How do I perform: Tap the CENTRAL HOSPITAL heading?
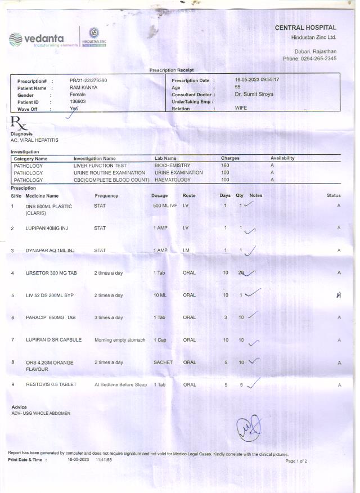305,28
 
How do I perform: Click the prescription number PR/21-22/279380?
88,80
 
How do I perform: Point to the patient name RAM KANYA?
84,88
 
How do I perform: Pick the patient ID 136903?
78,102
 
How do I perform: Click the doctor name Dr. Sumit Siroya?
254,95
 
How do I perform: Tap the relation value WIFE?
241,108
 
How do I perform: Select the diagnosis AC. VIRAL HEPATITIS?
34,140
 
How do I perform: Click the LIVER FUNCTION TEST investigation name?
100,166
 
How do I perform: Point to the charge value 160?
225,166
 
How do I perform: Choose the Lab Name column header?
165,159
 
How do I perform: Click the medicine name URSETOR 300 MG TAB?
51,273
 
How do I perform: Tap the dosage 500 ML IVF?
165,206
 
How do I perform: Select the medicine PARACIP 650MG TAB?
51,318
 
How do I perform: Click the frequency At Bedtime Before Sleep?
120,385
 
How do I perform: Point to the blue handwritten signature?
249,428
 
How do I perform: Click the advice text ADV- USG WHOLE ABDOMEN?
41,414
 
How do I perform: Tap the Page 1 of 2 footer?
296,461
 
